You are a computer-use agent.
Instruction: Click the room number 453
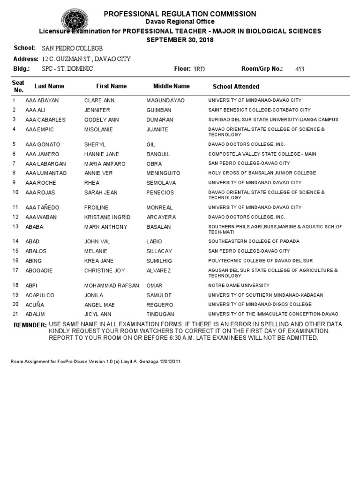point(300,69)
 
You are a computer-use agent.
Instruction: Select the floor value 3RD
point(199,69)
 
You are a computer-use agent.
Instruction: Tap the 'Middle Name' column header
point(172,86)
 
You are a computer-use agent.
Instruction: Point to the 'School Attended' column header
point(236,87)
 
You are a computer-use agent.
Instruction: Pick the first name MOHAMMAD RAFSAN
point(112,285)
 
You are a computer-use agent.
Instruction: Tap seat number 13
point(15,227)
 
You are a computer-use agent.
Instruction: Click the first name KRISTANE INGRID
point(107,217)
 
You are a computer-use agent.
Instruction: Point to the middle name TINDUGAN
point(160,314)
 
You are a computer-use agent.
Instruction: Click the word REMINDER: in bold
point(30,325)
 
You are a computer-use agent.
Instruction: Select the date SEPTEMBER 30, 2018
point(180,40)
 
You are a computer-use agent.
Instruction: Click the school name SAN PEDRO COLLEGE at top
point(72,48)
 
